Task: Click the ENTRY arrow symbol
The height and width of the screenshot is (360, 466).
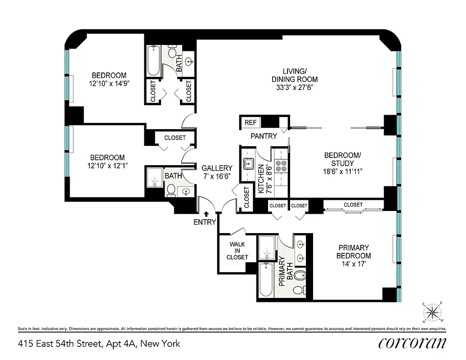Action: coord(206,214)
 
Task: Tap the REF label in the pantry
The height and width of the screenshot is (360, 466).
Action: coord(250,122)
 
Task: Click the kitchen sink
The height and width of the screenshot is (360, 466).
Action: coord(248,163)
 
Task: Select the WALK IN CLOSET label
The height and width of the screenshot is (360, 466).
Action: coord(237,251)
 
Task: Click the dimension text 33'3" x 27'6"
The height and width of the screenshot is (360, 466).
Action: coord(295,87)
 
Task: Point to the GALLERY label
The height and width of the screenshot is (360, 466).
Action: coord(217,168)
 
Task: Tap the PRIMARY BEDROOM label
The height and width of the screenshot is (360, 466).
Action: coord(354,252)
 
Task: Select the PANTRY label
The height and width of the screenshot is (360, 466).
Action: coord(264,136)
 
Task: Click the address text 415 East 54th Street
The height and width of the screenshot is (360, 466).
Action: coord(99,344)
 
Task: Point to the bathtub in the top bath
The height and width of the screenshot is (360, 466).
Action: coord(153,61)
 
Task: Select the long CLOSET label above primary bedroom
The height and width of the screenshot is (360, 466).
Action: coord(353,205)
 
